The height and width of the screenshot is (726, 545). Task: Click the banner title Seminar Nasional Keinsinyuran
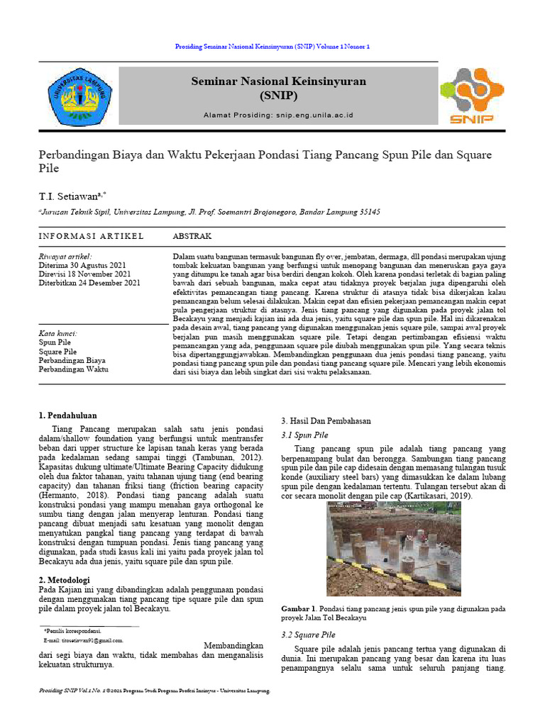click(x=278, y=82)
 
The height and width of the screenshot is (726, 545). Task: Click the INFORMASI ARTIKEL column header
click(x=91, y=235)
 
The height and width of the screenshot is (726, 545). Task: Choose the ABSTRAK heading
click(x=192, y=235)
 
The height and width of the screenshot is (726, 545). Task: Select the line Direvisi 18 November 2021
click(x=84, y=274)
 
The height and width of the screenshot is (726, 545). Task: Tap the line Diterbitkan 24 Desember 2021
click(x=89, y=283)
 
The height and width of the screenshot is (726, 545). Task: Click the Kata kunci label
click(x=58, y=333)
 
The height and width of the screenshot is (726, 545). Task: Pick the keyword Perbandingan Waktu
click(x=73, y=369)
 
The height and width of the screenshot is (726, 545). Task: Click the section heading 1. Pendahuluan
click(x=67, y=415)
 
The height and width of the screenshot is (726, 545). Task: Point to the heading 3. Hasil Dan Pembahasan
click(x=326, y=420)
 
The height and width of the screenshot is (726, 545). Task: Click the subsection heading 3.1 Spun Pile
click(x=305, y=435)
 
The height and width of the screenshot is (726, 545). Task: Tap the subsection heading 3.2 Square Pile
click(x=309, y=635)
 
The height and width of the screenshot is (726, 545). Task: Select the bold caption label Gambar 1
click(x=298, y=608)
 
